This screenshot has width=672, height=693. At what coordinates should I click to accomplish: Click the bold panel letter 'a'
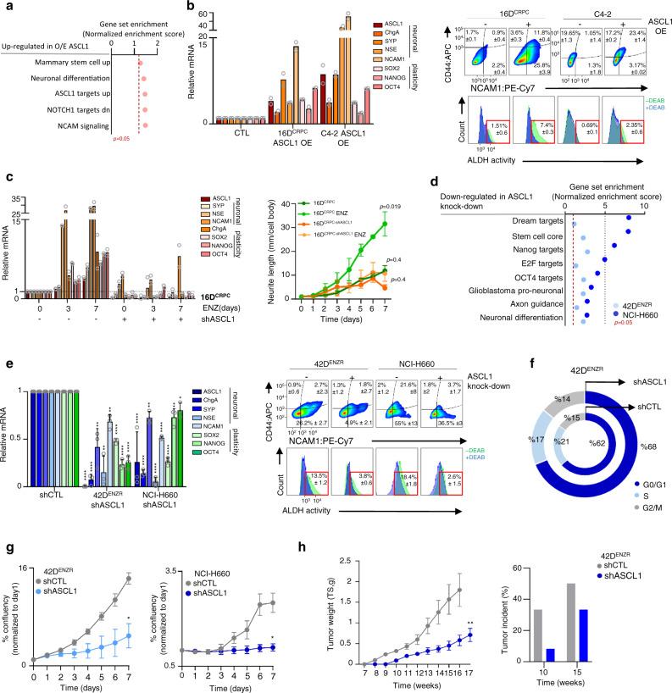(7, 7)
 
